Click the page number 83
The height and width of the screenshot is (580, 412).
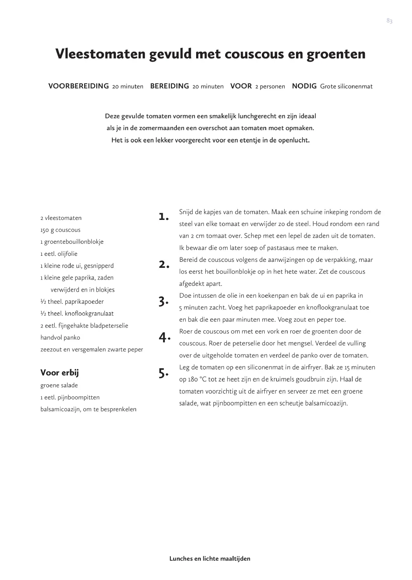pyautogui.click(x=389, y=21)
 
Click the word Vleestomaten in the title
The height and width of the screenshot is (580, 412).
pyautogui.click(x=101, y=54)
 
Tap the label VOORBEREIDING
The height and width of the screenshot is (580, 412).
pyautogui.click(x=79, y=86)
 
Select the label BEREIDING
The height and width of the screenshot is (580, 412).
pyautogui.click(x=170, y=86)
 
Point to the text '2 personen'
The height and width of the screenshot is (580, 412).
pyautogui.click(x=270, y=87)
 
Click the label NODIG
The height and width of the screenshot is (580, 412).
pyautogui.click(x=304, y=86)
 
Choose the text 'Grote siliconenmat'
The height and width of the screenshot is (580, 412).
pyautogui.click(x=346, y=87)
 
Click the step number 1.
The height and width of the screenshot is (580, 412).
pyautogui.click(x=163, y=216)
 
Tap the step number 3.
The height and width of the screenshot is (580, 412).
pyautogui.click(x=163, y=301)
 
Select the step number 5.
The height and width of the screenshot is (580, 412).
pyautogui.click(x=163, y=373)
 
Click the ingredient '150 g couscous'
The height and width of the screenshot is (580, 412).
pyautogui.click(x=60, y=230)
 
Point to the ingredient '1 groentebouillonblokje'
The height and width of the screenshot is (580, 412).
pyautogui.click(x=72, y=242)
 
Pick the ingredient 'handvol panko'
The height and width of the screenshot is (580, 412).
pyautogui.click(x=60, y=338)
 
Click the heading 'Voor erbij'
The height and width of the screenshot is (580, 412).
pyautogui.click(x=60, y=373)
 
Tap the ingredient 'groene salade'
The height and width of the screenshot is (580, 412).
pyautogui.click(x=59, y=385)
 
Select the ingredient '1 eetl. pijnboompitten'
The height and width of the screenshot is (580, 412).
pyautogui.click(x=70, y=398)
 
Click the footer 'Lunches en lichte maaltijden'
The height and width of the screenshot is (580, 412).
pyautogui.click(x=210, y=559)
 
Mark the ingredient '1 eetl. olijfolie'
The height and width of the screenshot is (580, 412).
pyautogui.click(x=59, y=254)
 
